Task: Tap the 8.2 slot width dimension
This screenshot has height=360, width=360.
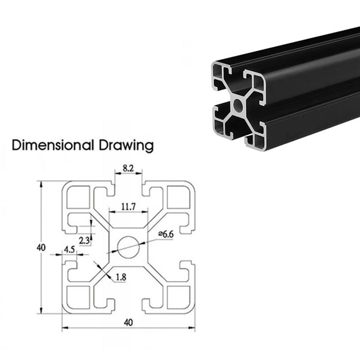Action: (128, 169)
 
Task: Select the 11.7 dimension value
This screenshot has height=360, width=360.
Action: (128, 207)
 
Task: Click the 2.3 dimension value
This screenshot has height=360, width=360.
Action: (84, 240)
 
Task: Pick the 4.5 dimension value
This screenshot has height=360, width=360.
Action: (69, 249)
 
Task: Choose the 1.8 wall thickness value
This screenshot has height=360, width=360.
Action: (121, 277)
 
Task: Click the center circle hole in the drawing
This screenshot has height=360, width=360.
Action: (128, 247)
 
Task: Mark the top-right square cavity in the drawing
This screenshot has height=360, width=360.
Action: (178, 197)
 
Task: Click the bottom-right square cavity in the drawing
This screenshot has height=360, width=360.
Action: (178, 297)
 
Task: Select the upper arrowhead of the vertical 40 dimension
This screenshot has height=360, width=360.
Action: (41, 184)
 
